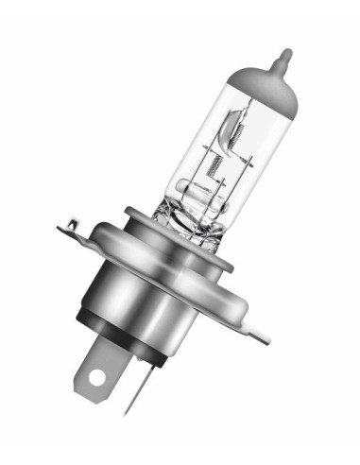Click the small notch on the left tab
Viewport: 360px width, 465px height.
pyautogui.click(x=70, y=223)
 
